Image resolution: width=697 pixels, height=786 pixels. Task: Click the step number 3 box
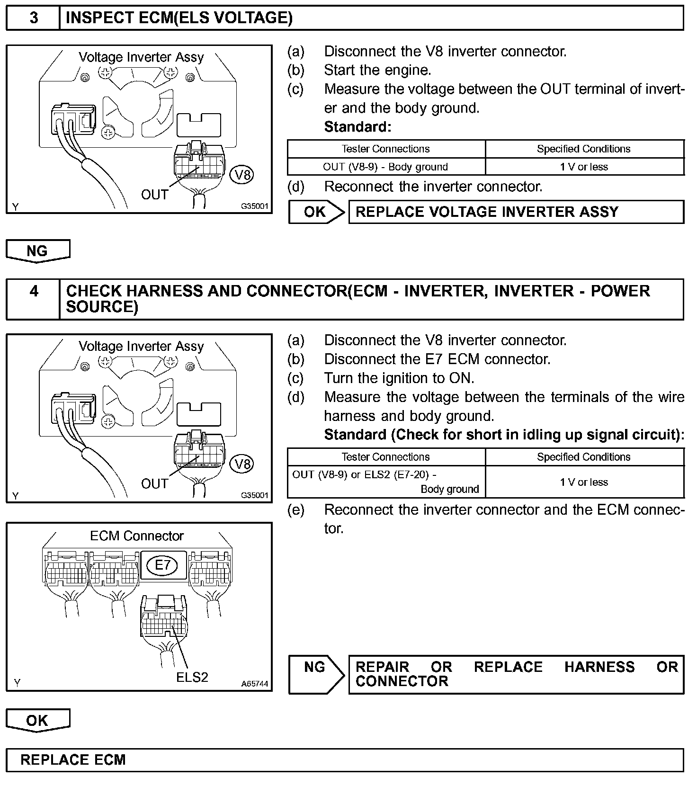33,18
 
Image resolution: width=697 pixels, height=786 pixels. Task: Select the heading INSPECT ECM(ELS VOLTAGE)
179,18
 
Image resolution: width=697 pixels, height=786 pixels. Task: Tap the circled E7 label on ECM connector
162,564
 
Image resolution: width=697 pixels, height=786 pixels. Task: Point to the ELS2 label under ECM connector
192,677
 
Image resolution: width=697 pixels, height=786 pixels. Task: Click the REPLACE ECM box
344,760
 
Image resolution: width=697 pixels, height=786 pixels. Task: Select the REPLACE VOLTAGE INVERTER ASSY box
516,212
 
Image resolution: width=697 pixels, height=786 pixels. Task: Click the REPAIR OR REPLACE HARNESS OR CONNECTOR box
516,674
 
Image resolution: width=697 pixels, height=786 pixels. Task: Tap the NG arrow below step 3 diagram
37,250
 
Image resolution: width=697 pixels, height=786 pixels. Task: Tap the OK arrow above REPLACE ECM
37,720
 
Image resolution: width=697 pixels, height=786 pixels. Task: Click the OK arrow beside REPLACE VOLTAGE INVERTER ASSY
316,212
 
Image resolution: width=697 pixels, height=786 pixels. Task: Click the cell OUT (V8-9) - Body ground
385,167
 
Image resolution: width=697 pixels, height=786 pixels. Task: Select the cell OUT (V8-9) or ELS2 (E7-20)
385,482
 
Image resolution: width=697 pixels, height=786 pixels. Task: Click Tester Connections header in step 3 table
385,149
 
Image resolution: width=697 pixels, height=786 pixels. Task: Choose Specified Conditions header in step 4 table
584,457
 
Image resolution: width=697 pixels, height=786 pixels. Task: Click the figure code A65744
254,684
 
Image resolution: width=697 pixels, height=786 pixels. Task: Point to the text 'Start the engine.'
377,70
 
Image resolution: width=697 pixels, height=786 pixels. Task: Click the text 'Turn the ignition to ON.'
399,378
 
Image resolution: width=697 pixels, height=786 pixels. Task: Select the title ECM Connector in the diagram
137,536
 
